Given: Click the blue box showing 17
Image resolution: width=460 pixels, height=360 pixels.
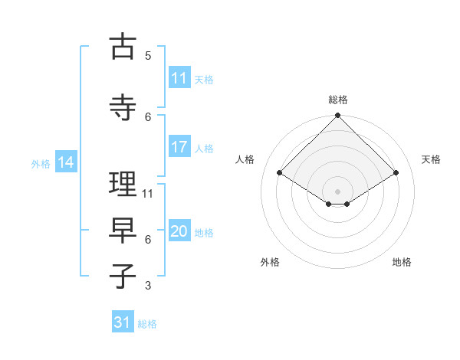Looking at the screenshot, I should [x=179, y=147].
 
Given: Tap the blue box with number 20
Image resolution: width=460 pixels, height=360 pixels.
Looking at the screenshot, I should [x=179, y=231].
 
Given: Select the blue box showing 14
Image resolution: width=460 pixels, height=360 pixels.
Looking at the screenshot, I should [x=65, y=162].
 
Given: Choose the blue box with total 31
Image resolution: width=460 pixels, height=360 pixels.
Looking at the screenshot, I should [x=123, y=322].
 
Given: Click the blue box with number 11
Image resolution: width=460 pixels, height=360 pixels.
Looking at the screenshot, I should [x=179, y=78].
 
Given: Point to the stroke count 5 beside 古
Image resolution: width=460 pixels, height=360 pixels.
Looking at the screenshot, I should [x=148, y=55].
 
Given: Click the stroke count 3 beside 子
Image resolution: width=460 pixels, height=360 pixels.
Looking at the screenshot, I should [x=148, y=286].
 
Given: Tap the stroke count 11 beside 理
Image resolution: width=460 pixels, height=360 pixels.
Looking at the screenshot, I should [x=148, y=193].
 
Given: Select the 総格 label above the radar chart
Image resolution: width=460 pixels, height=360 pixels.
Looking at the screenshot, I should [x=338, y=100].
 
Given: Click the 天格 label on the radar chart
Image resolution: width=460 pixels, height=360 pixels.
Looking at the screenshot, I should [x=431, y=159].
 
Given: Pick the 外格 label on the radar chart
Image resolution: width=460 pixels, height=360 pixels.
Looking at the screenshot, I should [x=270, y=262].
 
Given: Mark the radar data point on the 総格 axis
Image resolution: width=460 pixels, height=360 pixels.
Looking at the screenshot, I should [x=338, y=116].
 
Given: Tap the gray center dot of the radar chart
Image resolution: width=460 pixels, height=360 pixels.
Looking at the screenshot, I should [x=338, y=191].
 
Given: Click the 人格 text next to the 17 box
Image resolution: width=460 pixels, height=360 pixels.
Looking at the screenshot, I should [x=205, y=148].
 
